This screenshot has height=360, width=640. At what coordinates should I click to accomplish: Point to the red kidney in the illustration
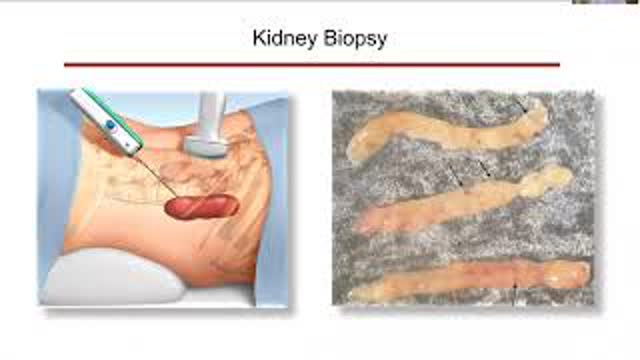coord(201,207)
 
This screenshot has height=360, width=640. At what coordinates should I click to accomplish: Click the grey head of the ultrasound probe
coord(207,144)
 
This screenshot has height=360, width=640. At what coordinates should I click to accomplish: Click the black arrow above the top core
coord(519,104)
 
